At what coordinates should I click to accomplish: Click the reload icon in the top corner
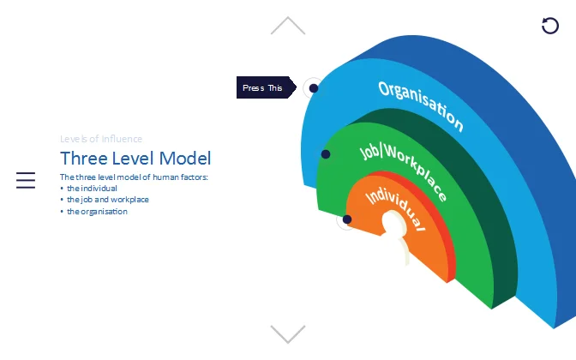(x=550, y=26)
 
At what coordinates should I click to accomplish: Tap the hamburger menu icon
(x=26, y=180)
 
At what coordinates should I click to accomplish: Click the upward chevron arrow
(x=288, y=26)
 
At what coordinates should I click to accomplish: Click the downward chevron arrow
(x=288, y=333)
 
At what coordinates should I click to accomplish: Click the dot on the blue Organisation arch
(x=314, y=88)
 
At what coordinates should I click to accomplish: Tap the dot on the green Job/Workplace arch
(x=326, y=154)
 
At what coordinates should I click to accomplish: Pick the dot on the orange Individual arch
(x=347, y=219)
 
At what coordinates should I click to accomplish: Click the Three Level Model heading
(x=135, y=158)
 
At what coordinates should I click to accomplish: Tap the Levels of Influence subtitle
(x=101, y=139)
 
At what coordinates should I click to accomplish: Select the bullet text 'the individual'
(x=92, y=189)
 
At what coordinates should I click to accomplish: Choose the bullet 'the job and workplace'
(x=107, y=200)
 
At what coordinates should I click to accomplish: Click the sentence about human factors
(x=135, y=177)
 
